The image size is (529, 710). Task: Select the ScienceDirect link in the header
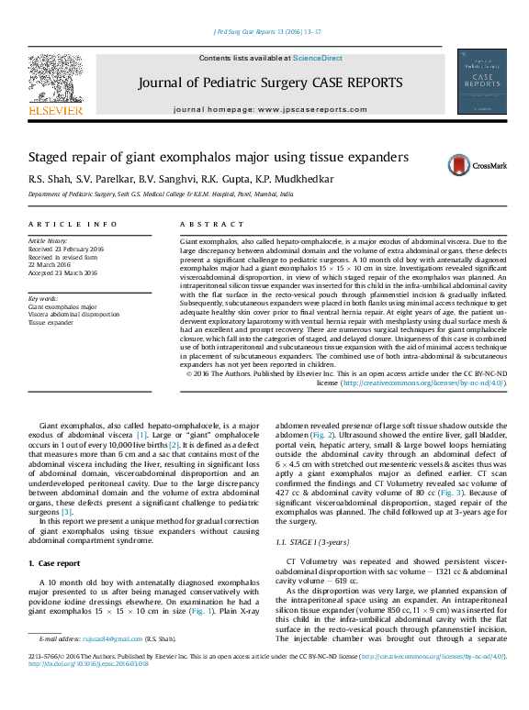(x=318, y=59)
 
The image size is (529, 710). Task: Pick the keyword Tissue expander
(x=51, y=323)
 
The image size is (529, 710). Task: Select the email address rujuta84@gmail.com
(x=115, y=638)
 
